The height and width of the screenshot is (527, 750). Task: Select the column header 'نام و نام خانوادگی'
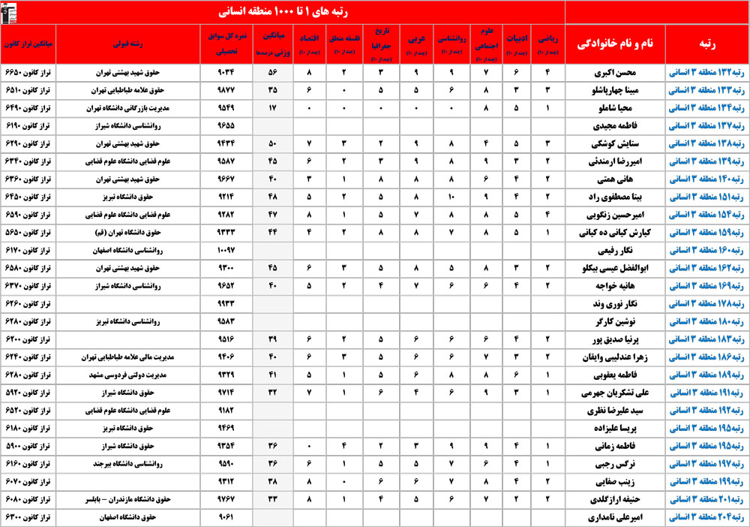coord(613,44)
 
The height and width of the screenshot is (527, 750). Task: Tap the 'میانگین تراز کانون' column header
coord(28,44)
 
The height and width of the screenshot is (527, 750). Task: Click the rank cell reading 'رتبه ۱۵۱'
coord(704,197)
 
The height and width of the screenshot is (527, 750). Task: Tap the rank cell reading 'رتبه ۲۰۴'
coord(704,516)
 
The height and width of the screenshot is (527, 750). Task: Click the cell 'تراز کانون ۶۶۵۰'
coord(28,74)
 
